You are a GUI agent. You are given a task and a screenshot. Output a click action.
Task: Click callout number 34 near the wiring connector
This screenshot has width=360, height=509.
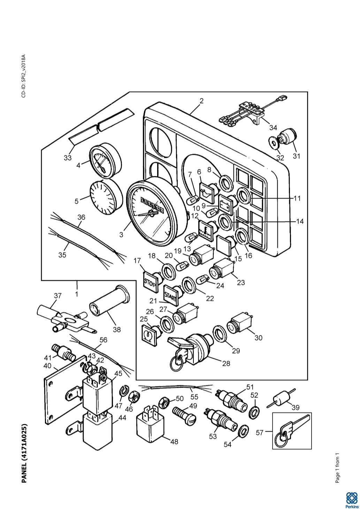coord(273,128)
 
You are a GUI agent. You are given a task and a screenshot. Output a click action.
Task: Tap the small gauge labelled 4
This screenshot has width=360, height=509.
coord(106,161)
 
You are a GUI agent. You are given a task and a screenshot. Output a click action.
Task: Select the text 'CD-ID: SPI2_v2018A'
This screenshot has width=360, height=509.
coord(24,76)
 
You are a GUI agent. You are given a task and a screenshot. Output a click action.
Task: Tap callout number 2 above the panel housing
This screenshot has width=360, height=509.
coord(201,101)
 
